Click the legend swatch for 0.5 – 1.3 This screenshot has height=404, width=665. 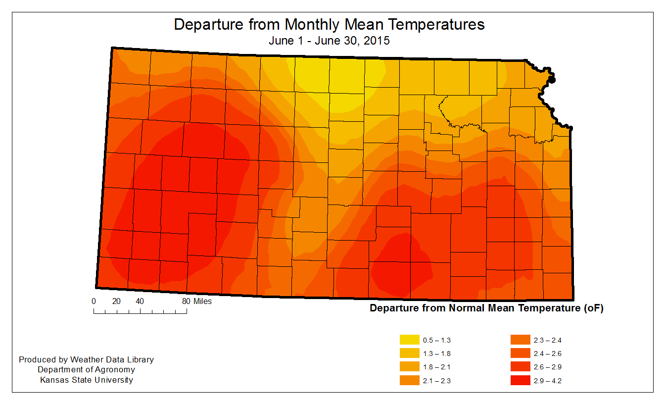[x=408, y=340]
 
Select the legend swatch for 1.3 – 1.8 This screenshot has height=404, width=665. [x=408, y=353]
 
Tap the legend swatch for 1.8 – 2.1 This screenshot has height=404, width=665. [x=408, y=367]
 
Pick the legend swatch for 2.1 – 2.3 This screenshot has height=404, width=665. [x=408, y=380]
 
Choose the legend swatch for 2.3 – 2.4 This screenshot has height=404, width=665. [x=519, y=340]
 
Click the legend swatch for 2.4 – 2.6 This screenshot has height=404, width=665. [x=519, y=353]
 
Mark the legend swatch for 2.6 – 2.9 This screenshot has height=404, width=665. [x=519, y=367]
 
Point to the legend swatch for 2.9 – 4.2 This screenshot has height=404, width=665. [x=519, y=380]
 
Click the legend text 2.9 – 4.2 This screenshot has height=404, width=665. [x=548, y=381]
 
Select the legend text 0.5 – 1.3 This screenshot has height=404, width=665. [x=437, y=341]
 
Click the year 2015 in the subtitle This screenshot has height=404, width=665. [x=377, y=41]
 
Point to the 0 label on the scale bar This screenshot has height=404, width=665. [x=94, y=301]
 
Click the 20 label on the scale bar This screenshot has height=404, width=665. [x=117, y=301]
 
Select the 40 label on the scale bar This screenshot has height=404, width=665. [x=140, y=301]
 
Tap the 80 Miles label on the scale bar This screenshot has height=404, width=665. [x=196, y=301]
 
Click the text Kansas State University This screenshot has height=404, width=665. [x=87, y=380]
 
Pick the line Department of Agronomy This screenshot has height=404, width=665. [x=87, y=370]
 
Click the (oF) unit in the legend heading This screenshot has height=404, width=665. [x=593, y=308]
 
